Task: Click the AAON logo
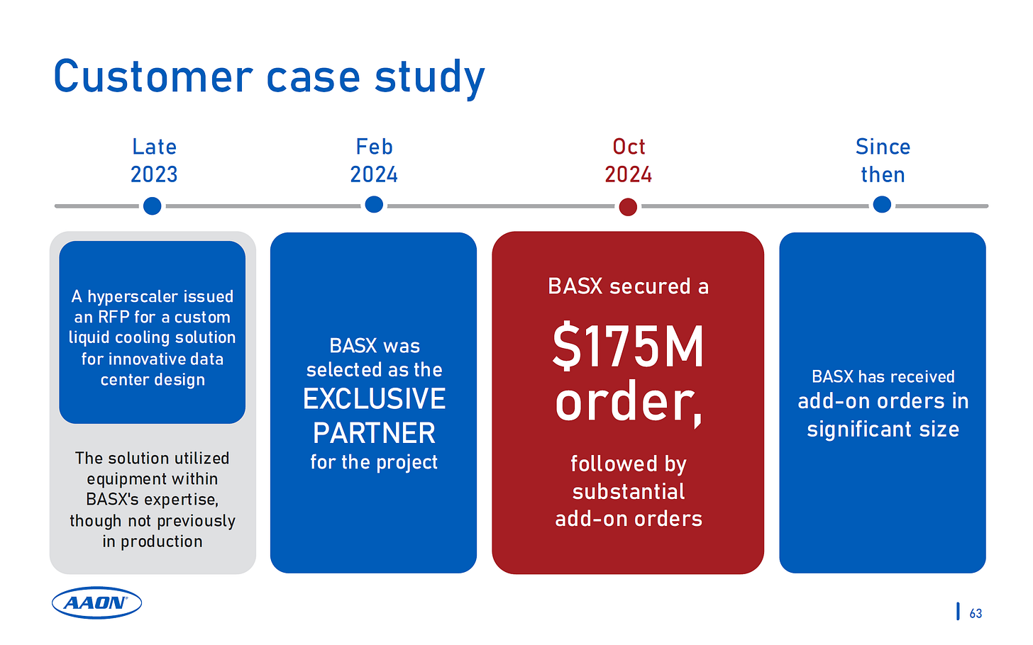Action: coord(96,603)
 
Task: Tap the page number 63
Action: coord(976,614)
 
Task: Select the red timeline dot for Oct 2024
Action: coord(628,207)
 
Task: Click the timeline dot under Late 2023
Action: coord(152,206)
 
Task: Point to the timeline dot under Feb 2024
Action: coord(374,205)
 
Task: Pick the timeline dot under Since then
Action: coord(882,205)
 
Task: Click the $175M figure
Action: coord(629,347)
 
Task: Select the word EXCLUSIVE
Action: coord(374,399)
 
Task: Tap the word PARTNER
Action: coord(374,433)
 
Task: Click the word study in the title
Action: coord(429,77)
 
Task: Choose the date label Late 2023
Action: coord(154,160)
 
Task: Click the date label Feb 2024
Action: coord(374,160)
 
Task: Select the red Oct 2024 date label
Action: coord(629,160)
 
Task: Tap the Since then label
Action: coord(883,160)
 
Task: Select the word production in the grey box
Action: coord(161,542)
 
